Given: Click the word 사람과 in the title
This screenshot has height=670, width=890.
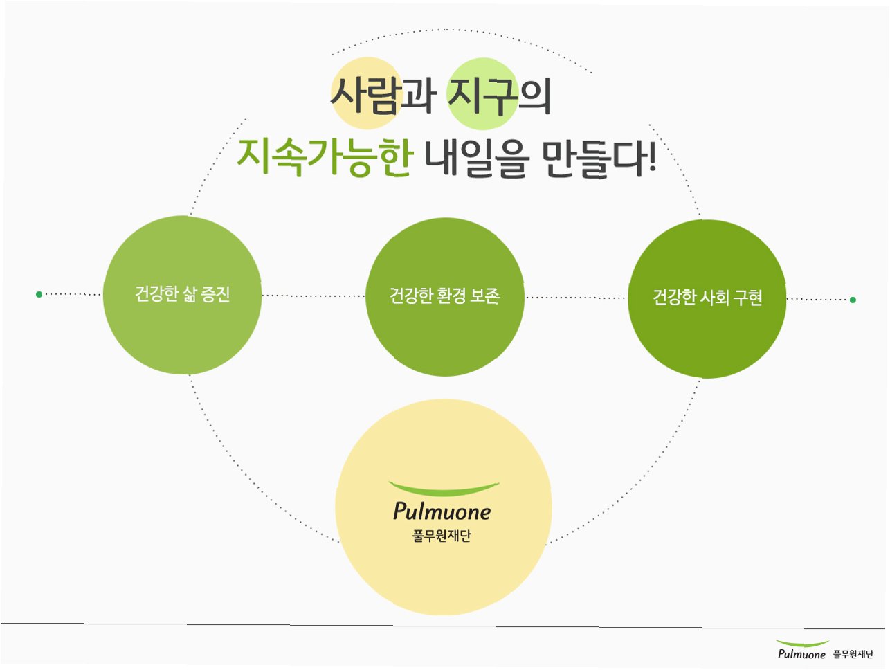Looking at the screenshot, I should pyautogui.click(x=383, y=95).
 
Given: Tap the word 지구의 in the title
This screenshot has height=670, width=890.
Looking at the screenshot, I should pyautogui.click(x=500, y=95).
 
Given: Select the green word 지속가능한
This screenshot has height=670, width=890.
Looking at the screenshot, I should pyautogui.click(x=324, y=157).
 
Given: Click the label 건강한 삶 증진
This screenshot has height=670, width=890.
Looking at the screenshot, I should pyautogui.click(x=183, y=294).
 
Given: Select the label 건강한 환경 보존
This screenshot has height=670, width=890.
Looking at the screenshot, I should pyautogui.click(x=444, y=296).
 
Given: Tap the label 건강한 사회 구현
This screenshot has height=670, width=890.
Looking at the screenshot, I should pyautogui.click(x=707, y=298).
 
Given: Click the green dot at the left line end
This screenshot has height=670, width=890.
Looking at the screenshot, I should pyautogui.click(x=39, y=294).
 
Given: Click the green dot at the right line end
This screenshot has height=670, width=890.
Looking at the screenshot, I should pyautogui.click(x=853, y=300).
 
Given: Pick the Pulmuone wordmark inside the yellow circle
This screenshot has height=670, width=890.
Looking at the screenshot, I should pyautogui.click(x=442, y=511).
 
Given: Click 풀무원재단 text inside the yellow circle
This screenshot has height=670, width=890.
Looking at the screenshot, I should pyautogui.click(x=442, y=536).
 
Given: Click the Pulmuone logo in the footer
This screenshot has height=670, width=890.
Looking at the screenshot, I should pyautogui.click(x=802, y=651).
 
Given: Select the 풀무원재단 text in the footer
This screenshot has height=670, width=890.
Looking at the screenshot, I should pyautogui.click(x=853, y=654).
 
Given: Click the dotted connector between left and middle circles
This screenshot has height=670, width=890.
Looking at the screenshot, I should pyautogui.click(x=314, y=296).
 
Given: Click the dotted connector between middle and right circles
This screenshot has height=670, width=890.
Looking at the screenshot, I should pyautogui.click(x=576, y=298).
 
